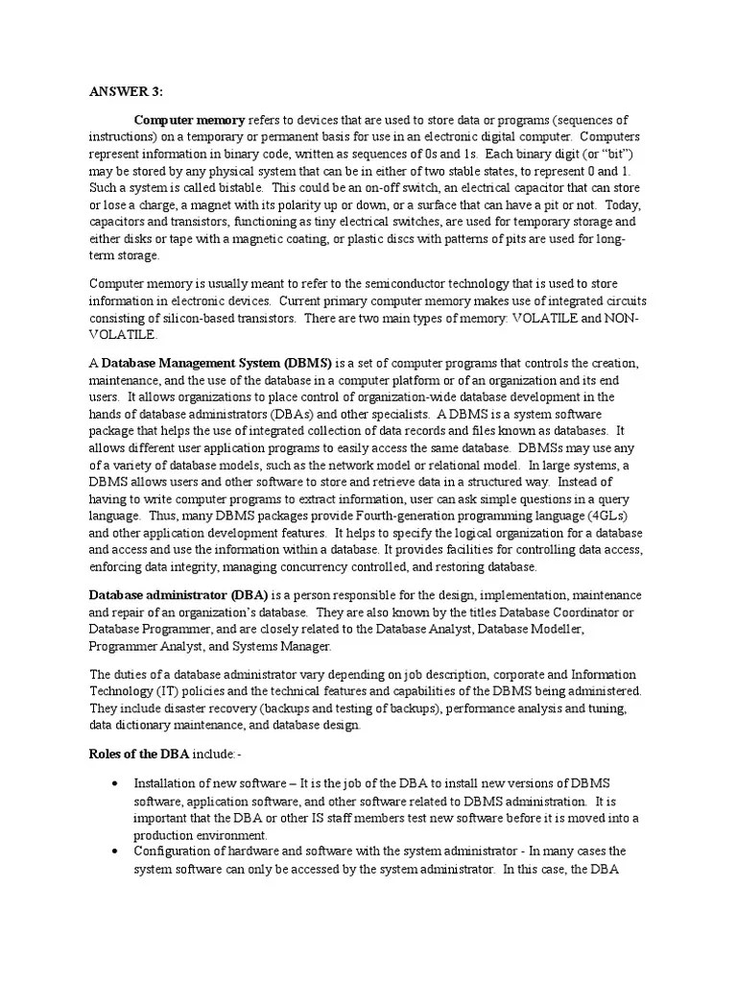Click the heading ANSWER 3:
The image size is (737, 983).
click(126, 91)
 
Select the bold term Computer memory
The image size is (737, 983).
click(189, 120)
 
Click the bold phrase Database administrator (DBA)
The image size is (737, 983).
click(179, 594)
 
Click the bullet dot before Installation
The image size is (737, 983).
click(116, 782)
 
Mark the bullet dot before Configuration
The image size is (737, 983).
click(116, 851)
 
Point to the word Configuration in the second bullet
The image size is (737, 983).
click(171, 851)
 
